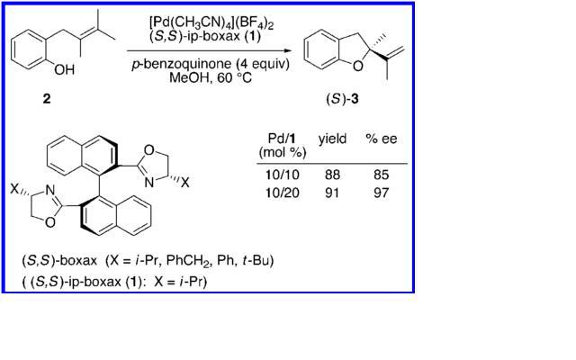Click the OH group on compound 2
coord(64,69)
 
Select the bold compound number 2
coord(47,98)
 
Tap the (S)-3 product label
coord(342,99)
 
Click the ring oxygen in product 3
coord(358,67)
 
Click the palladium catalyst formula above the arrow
coord(212,22)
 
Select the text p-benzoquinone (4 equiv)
coord(211,64)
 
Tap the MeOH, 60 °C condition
coord(211,78)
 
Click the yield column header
coord(332,139)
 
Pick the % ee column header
coord(382,139)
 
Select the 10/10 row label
coord(282,175)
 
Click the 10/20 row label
coord(282,193)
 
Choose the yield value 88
coord(332,175)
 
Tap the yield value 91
coord(332,193)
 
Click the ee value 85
coord(381,175)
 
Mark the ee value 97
coord(381,193)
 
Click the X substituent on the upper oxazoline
coord(185,182)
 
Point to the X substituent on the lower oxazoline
coord(14,189)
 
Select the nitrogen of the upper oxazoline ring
coord(148,182)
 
